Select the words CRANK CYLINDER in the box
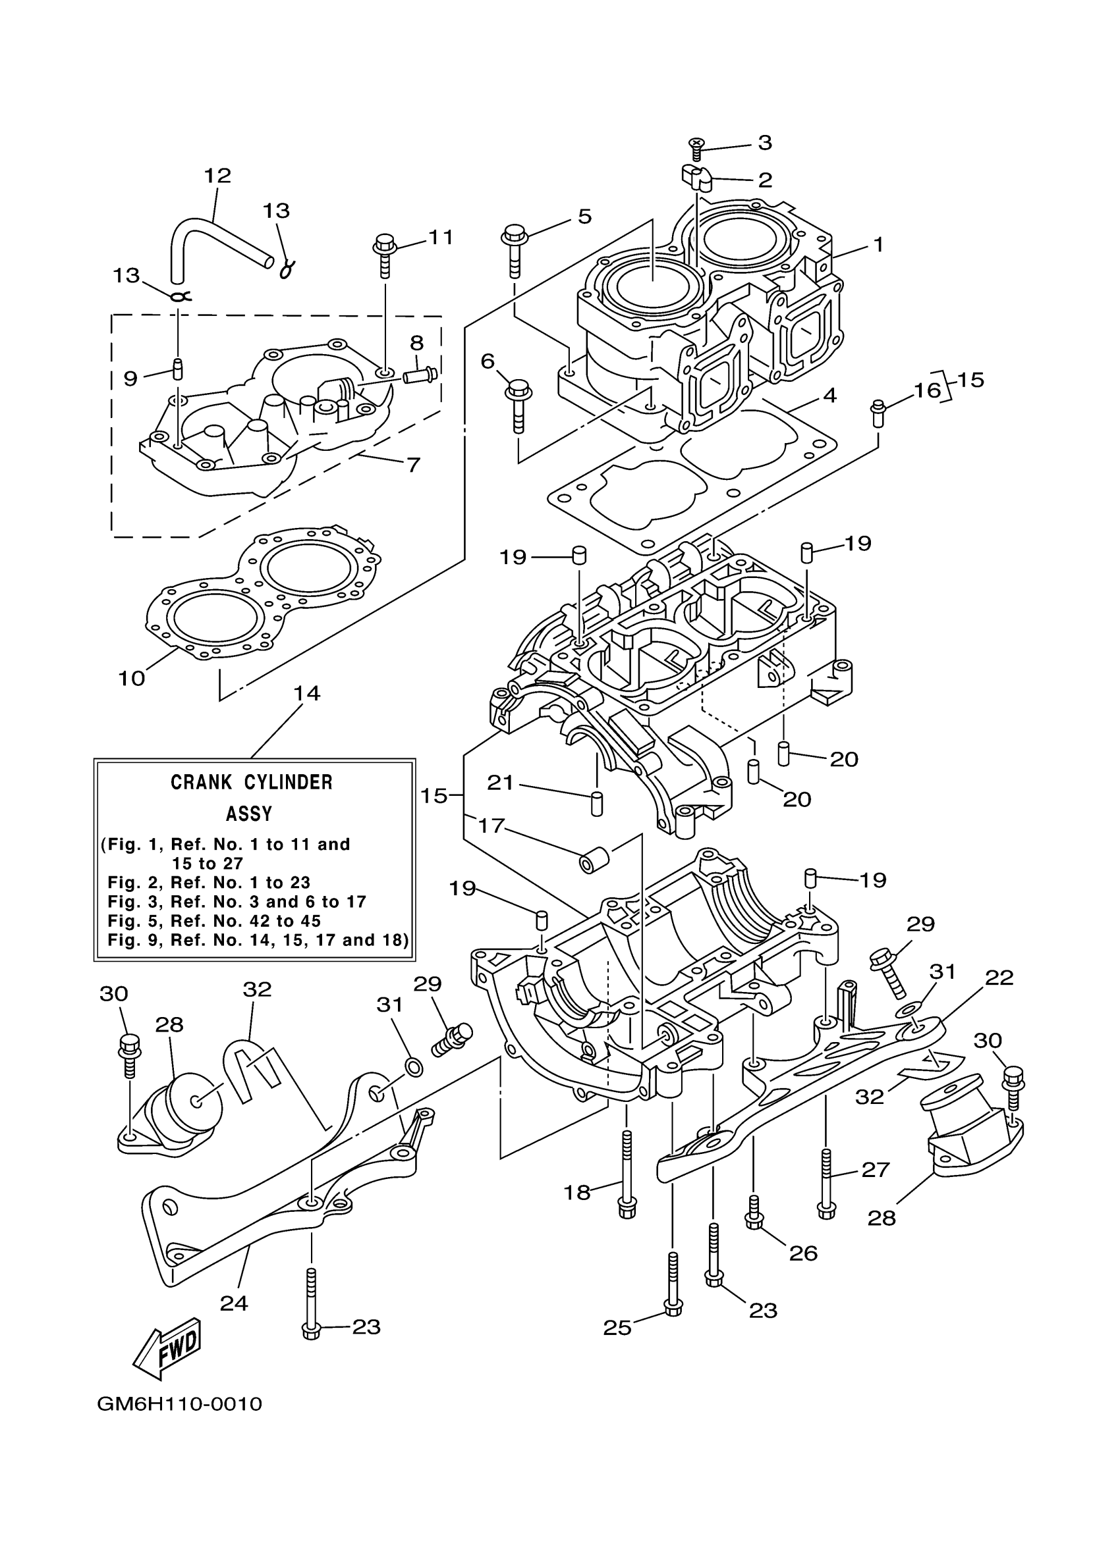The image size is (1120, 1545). [x=252, y=781]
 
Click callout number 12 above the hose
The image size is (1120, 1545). [x=217, y=175]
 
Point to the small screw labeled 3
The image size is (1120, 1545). [x=696, y=148]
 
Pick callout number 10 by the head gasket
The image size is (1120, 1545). [x=132, y=678]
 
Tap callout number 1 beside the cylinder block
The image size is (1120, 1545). [x=878, y=244]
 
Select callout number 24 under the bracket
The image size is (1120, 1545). [x=234, y=1303]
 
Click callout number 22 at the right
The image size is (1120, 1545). [x=999, y=978]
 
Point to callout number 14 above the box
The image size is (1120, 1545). [x=306, y=693]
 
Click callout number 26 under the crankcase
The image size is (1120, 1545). [x=803, y=1253]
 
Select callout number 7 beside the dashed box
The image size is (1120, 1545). [x=413, y=465]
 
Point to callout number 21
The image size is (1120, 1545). [x=499, y=783]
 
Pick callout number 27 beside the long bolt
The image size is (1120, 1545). [x=876, y=1169]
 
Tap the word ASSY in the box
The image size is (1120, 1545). [x=249, y=814]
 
